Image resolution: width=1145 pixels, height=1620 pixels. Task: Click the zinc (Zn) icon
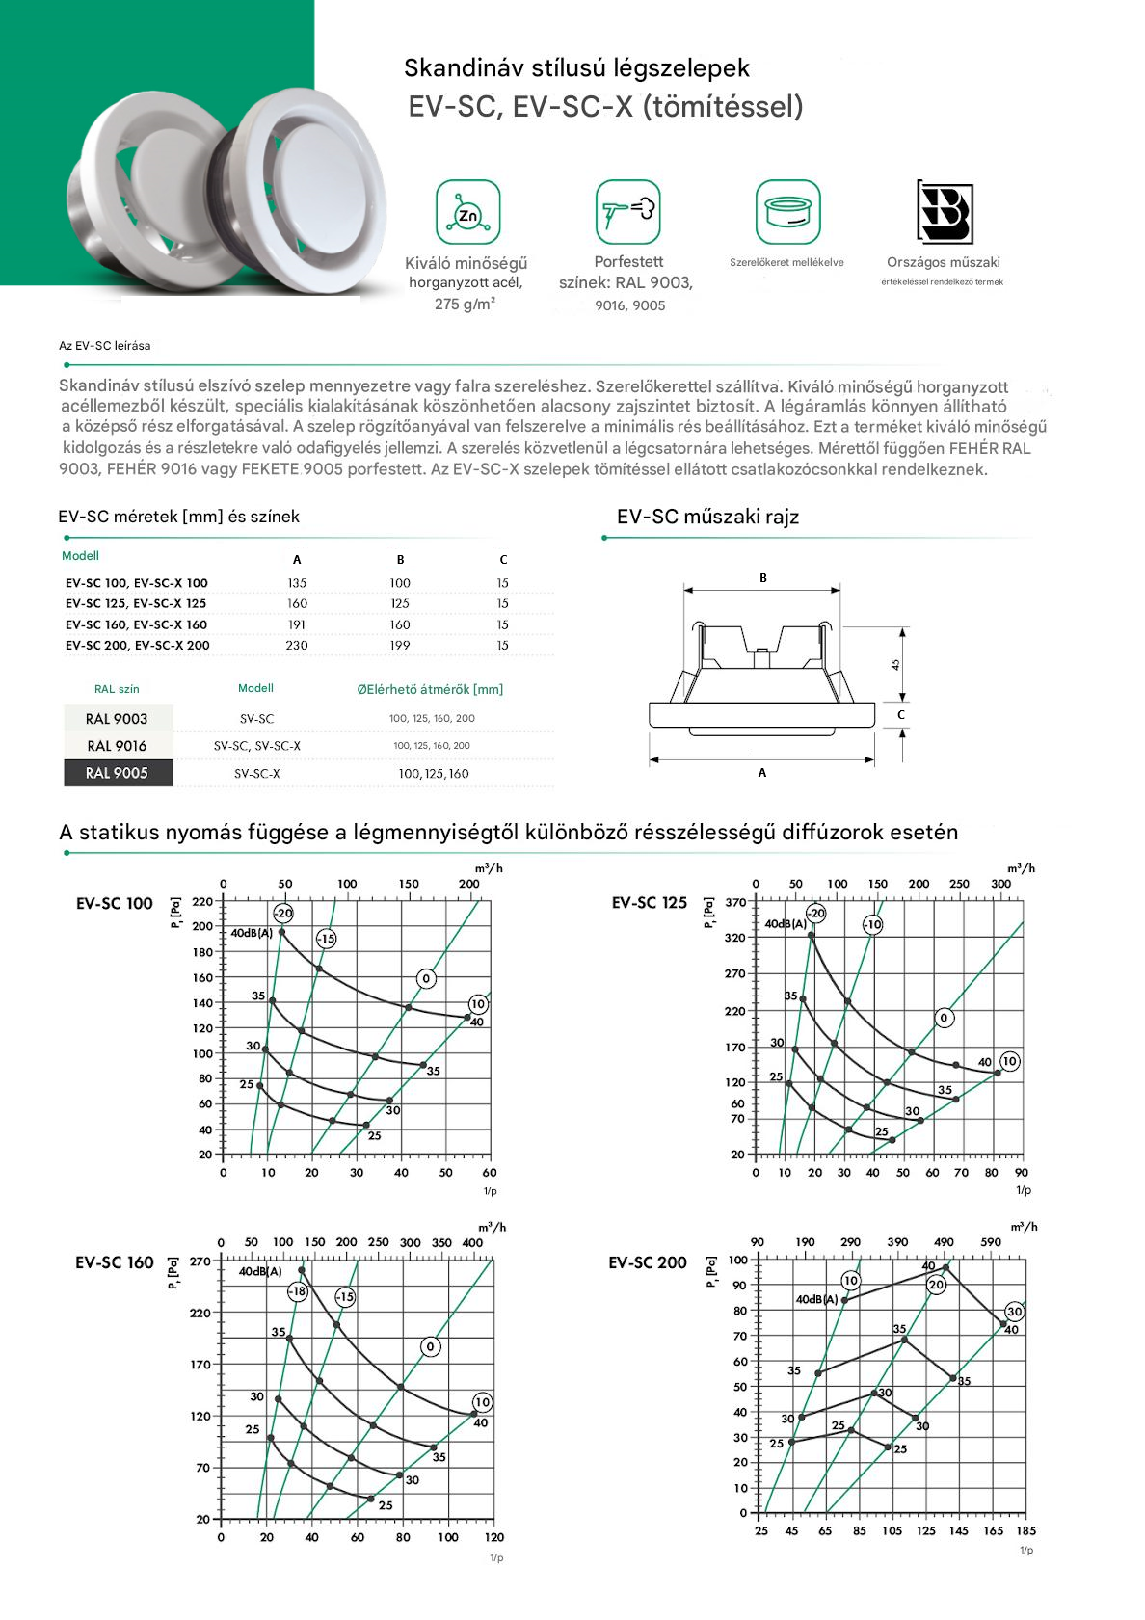tap(467, 213)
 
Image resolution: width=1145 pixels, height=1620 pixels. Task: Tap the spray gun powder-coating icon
tap(628, 212)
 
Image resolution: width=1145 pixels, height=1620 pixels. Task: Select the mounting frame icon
tap(787, 212)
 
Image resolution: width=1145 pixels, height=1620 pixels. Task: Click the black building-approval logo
tap(944, 211)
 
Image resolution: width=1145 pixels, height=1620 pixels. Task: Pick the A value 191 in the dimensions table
tap(297, 624)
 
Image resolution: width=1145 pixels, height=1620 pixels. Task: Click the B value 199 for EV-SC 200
tap(400, 646)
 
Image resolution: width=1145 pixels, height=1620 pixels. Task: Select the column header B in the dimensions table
tap(400, 560)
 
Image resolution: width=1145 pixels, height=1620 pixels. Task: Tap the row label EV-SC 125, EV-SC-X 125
tap(136, 604)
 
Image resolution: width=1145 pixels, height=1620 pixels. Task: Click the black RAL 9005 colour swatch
tap(118, 773)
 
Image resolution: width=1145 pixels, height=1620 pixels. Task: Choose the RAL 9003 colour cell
tap(118, 719)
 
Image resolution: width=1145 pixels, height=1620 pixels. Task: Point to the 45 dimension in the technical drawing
tap(895, 665)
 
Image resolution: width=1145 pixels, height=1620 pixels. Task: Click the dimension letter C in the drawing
tap(901, 715)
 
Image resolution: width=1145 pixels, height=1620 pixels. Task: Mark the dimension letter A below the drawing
tap(762, 773)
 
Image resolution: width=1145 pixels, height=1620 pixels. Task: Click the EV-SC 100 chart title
tap(115, 904)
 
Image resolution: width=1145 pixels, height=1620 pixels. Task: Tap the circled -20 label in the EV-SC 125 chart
tap(816, 913)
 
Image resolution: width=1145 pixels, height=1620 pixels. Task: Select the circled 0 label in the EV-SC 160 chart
tap(431, 1346)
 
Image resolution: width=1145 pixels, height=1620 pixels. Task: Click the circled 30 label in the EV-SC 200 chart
tap(1014, 1312)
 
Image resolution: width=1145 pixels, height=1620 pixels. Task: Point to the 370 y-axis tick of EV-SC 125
tap(735, 903)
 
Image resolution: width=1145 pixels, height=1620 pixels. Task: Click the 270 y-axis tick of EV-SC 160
tap(200, 1261)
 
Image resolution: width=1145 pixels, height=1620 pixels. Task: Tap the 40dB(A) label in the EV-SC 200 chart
tap(816, 1300)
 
